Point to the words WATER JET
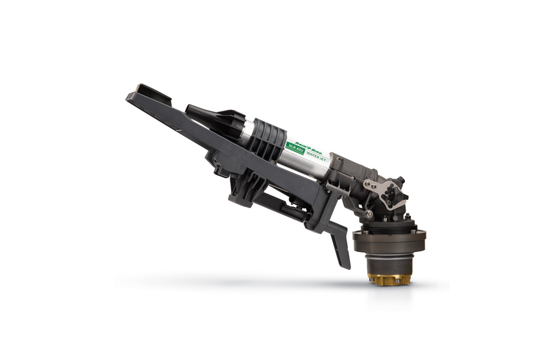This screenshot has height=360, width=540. [x=316, y=157]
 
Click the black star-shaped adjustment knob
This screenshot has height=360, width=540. [x=392, y=193]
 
